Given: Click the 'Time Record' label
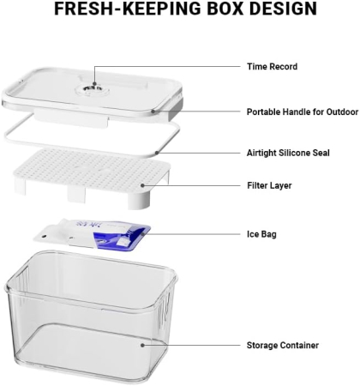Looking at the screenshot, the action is pyautogui.click(x=273, y=67).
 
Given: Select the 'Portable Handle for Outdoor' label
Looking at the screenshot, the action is pyautogui.click(x=303, y=112).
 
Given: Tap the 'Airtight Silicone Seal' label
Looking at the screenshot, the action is pyautogui.click(x=288, y=153).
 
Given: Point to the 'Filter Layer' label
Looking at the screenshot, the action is pyautogui.click(x=269, y=185).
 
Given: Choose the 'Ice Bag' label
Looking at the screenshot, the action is pyautogui.click(x=261, y=234).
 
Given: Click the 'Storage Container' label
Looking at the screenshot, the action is pyautogui.click(x=283, y=345).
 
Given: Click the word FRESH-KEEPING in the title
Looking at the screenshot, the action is pyautogui.click(x=128, y=9).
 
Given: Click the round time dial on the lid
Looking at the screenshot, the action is pyautogui.click(x=92, y=89).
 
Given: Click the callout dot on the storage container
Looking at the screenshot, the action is pyautogui.click(x=142, y=345).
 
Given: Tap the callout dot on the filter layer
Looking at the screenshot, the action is pyautogui.click(x=142, y=185).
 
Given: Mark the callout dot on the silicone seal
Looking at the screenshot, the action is pyautogui.click(x=157, y=153).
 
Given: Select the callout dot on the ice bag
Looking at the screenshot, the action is pyautogui.click(x=142, y=234).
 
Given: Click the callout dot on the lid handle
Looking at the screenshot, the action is pyautogui.click(x=153, y=112).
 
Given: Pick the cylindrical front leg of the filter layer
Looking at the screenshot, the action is pyautogui.click(x=139, y=200).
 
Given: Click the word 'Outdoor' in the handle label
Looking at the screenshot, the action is pyautogui.click(x=342, y=112).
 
